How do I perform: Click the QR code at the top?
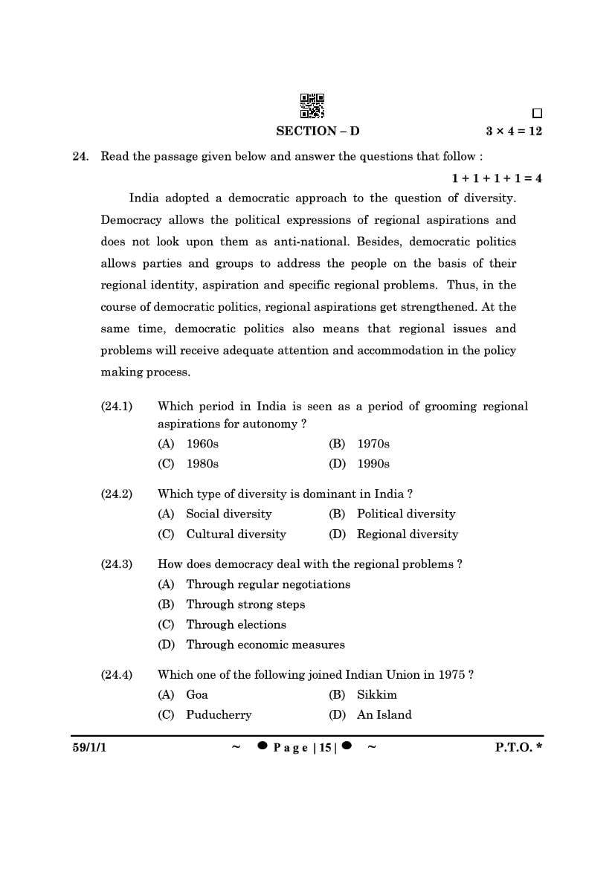tap(312, 106)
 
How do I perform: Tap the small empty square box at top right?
tap(537, 114)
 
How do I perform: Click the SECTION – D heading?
tap(318, 131)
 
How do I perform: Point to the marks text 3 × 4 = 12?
tap(514, 131)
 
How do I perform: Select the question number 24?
tap(80, 156)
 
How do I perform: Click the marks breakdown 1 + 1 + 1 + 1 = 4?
tap(497, 178)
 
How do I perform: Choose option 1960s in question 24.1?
tap(202, 444)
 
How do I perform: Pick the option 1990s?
tap(373, 464)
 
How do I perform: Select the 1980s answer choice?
tap(202, 464)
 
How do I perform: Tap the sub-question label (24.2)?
tap(117, 494)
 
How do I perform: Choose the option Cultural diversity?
tap(236, 534)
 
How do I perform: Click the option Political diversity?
tap(406, 514)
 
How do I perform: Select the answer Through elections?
tap(236, 624)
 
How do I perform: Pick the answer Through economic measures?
tap(265, 645)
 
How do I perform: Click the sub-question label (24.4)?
tap(117, 674)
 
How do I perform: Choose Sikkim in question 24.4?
tap(377, 694)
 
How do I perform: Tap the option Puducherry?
tap(219, 714)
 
